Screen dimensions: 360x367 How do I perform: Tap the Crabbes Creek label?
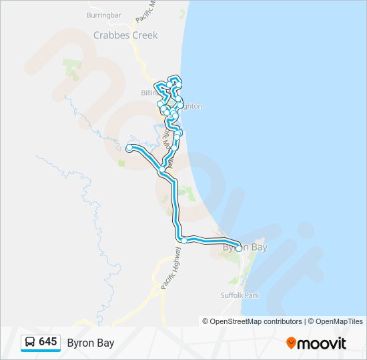pos(125,35)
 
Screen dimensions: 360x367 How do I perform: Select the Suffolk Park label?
pos(240,295)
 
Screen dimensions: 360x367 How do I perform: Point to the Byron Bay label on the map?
pos(245,247)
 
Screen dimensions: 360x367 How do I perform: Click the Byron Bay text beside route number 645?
pos(90,343)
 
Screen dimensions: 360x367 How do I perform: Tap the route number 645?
pos(48,342)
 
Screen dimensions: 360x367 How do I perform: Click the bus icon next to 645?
pos(30,343)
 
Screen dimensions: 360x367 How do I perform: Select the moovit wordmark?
pos(322,343)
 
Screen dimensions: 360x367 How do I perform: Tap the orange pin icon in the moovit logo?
pos(291,343)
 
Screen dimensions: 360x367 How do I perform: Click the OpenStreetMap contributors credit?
pos(256,321)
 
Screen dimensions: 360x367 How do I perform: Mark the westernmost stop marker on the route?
pos(129,148)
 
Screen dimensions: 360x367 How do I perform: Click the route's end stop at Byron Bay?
pos(239,248)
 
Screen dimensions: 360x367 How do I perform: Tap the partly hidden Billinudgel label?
pos(147,93)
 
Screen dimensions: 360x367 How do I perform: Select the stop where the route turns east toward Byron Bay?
pos(183,240)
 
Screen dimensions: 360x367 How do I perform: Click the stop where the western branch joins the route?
pos(161,171)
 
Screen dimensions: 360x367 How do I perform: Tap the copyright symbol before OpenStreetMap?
pos(206,321)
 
